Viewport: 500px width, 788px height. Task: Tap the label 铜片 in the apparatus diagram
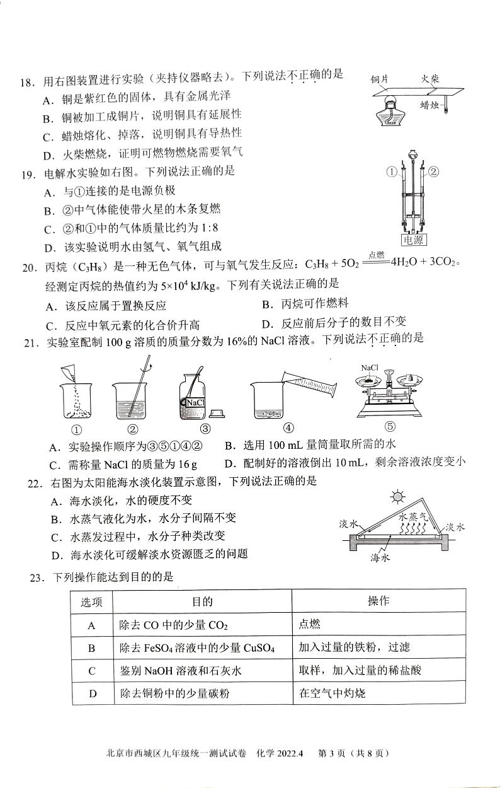pyautogui.click(x=378, y=79)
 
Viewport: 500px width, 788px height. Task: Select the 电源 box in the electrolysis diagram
pyautogui.click(x=413, y=240)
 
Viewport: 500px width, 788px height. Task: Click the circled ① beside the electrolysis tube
pyautogui.click(x=391, y=171)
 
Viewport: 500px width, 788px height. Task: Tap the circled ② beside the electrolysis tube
pyautogui.click(x=433, y=171)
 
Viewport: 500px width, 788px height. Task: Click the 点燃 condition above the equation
pyautogui.click(x=376, y=254)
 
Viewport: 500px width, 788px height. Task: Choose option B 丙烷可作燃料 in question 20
pyautogui.click(x=305, y=304)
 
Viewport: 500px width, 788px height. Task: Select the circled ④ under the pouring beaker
pyautogui.click(x=288, y=428)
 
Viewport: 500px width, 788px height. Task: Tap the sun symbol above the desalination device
pyautogui.click(x=397, y=497)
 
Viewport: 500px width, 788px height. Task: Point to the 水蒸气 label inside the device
pyautogui.click(x=414, y=516)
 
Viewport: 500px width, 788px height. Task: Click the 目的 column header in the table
pyautogui.click(x=202, y=601)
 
